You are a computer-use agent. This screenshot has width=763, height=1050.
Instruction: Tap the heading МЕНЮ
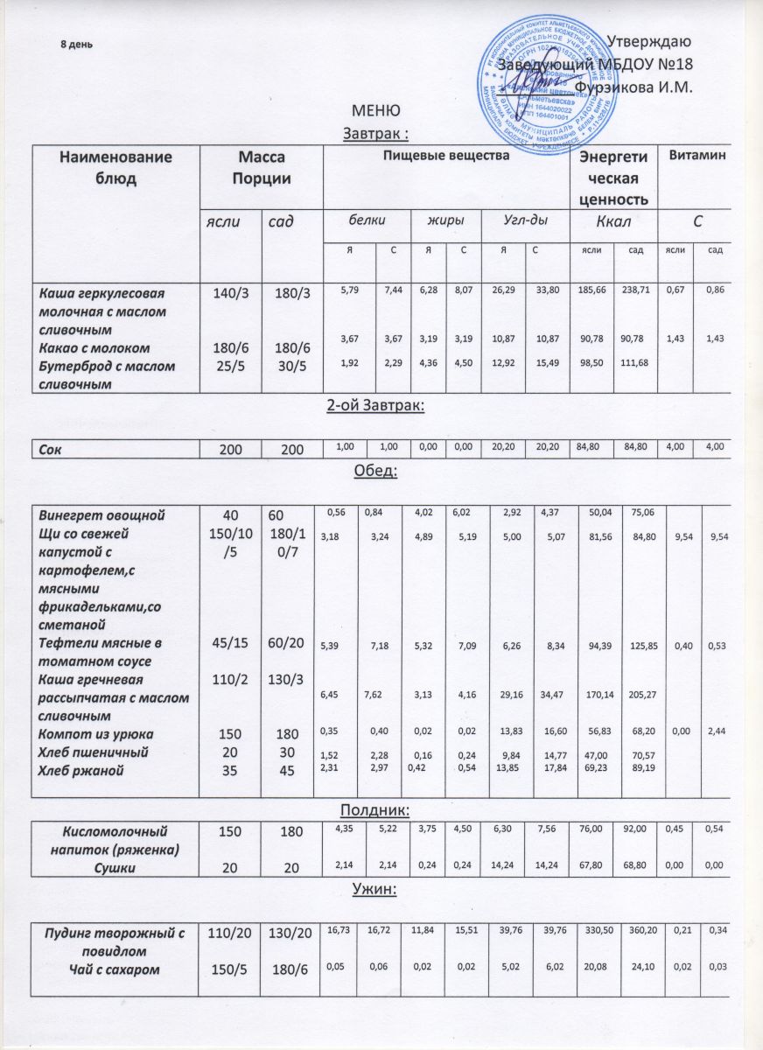click(375, 111)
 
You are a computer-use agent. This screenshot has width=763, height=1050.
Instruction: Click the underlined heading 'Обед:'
click(375, 471)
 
